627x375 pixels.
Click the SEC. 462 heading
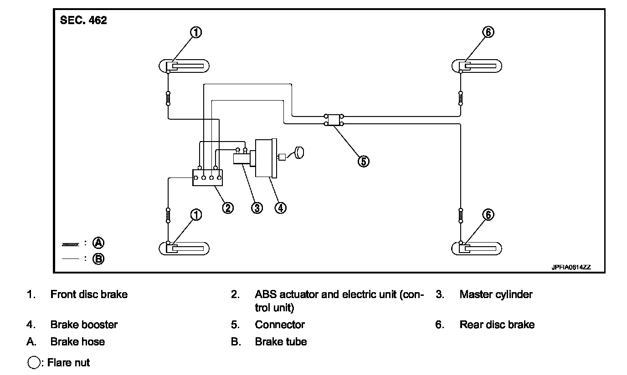tap(83, 20)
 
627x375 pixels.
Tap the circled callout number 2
tap(228, 208)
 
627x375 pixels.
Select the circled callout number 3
tap(257, 208)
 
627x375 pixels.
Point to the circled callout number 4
tap(281, 208)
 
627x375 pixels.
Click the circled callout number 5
tap(363, 161)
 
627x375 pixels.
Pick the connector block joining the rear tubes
tap(334, 120)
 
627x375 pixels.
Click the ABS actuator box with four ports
tap(207, 177)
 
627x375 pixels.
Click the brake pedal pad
tap(299, 152)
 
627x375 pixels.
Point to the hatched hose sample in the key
tap(71, 244)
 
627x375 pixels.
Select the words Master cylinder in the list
tap(496, 294)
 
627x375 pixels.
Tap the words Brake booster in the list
tap(84, 324)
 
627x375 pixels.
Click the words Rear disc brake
tap(497, 324)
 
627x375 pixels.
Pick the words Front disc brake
tap(89, 294)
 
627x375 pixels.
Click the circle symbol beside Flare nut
tap(34, 363)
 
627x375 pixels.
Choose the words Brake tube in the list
tap(281, 341)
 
